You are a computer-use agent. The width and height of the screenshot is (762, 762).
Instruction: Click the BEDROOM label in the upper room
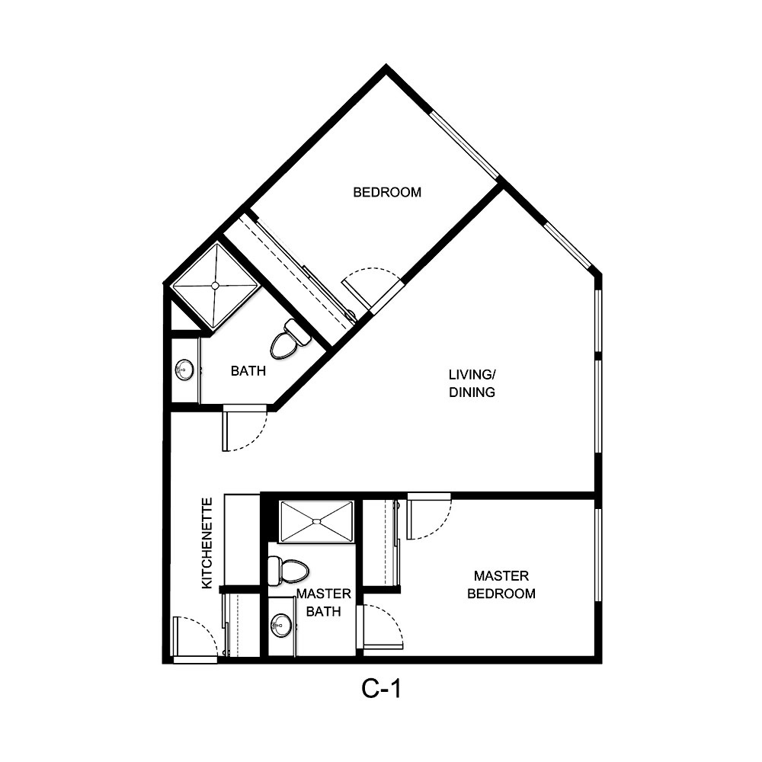[387, 192]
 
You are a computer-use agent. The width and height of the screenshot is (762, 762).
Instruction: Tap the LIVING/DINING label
[472, 383]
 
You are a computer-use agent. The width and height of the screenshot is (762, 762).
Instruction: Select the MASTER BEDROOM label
[501, 584]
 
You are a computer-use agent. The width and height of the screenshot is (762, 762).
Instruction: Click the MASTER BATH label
[323, 602]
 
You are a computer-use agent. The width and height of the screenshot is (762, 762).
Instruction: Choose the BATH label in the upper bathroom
[248, 371]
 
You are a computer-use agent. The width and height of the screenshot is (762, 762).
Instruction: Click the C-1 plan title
[381, 689]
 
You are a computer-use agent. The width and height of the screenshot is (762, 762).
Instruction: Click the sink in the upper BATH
[184, 370]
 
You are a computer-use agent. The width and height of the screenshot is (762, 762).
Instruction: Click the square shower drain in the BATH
[215, 286]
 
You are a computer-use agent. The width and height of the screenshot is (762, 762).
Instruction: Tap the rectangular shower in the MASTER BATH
[316, 521]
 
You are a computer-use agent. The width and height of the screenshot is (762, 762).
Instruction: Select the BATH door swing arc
[245, 431]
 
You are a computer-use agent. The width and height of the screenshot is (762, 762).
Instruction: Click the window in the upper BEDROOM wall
[464, 145]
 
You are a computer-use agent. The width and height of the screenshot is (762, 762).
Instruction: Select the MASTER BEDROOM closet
[379, 543]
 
